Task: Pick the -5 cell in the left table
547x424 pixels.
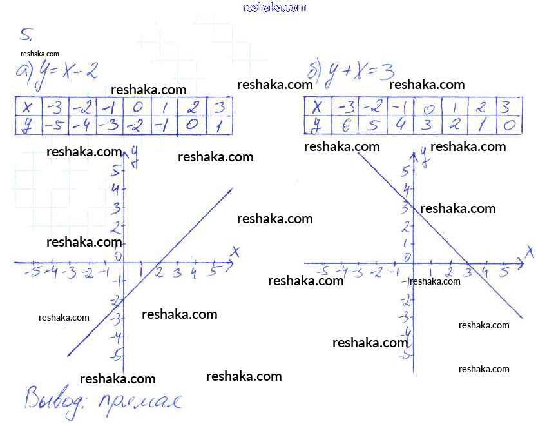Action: point(54,126)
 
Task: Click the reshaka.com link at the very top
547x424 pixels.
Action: point(274,7)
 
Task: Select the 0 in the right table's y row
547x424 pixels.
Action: point(508,126)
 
